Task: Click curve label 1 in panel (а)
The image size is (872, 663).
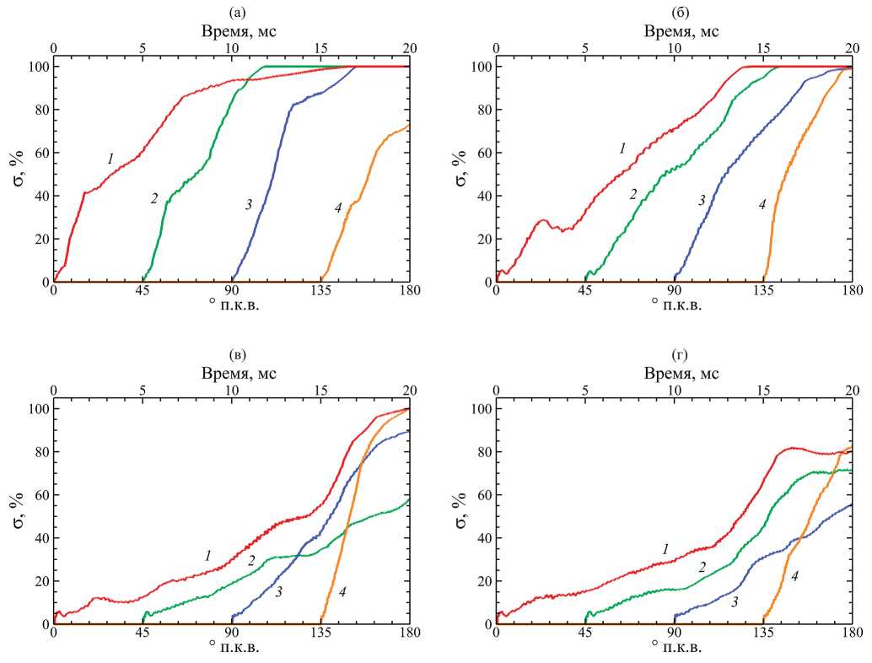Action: (x=110, y=159)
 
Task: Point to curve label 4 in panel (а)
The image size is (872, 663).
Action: (x=337, y=208)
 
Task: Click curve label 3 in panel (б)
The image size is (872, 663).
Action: (x=701, y=200)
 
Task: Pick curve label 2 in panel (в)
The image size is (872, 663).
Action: (x=251, y=560)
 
